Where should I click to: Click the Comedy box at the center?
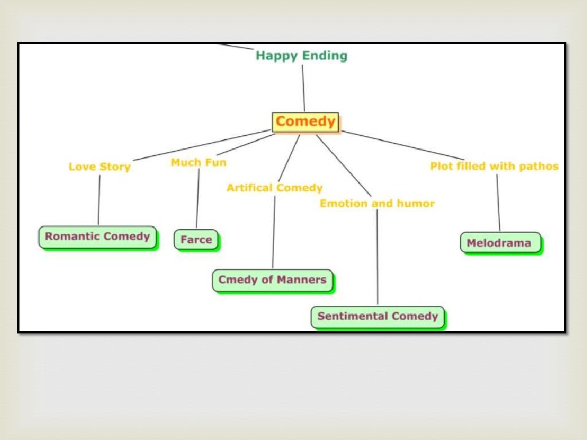(x=305, y=122)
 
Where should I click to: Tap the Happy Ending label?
(x=302, y=56)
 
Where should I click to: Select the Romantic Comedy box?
(x=97, y=237)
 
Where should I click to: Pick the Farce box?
(x=196, y=239)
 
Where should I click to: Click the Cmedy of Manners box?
(x=272, y=280)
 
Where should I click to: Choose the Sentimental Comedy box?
(x=377, y=316)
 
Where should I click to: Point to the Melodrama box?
(x=499, y=243)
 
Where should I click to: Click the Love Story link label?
(x=100, y=167)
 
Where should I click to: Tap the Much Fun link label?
(x=198, y=163)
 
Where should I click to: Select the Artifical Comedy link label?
(x=275, y=188)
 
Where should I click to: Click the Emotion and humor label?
(x=377, y=203)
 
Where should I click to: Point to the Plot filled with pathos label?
(x=494, y=166)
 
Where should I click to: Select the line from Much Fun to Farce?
(x=198, y=198)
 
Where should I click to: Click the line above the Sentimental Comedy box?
(x=377, y=258)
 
